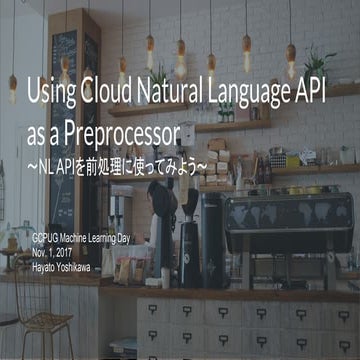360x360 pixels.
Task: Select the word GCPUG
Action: tap(47, 238)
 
